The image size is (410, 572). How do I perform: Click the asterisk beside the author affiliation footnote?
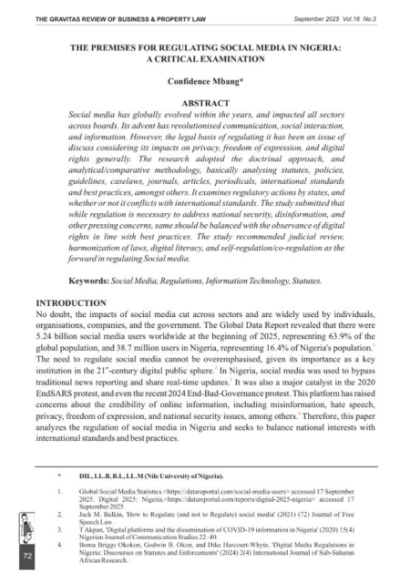coord(58,474)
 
